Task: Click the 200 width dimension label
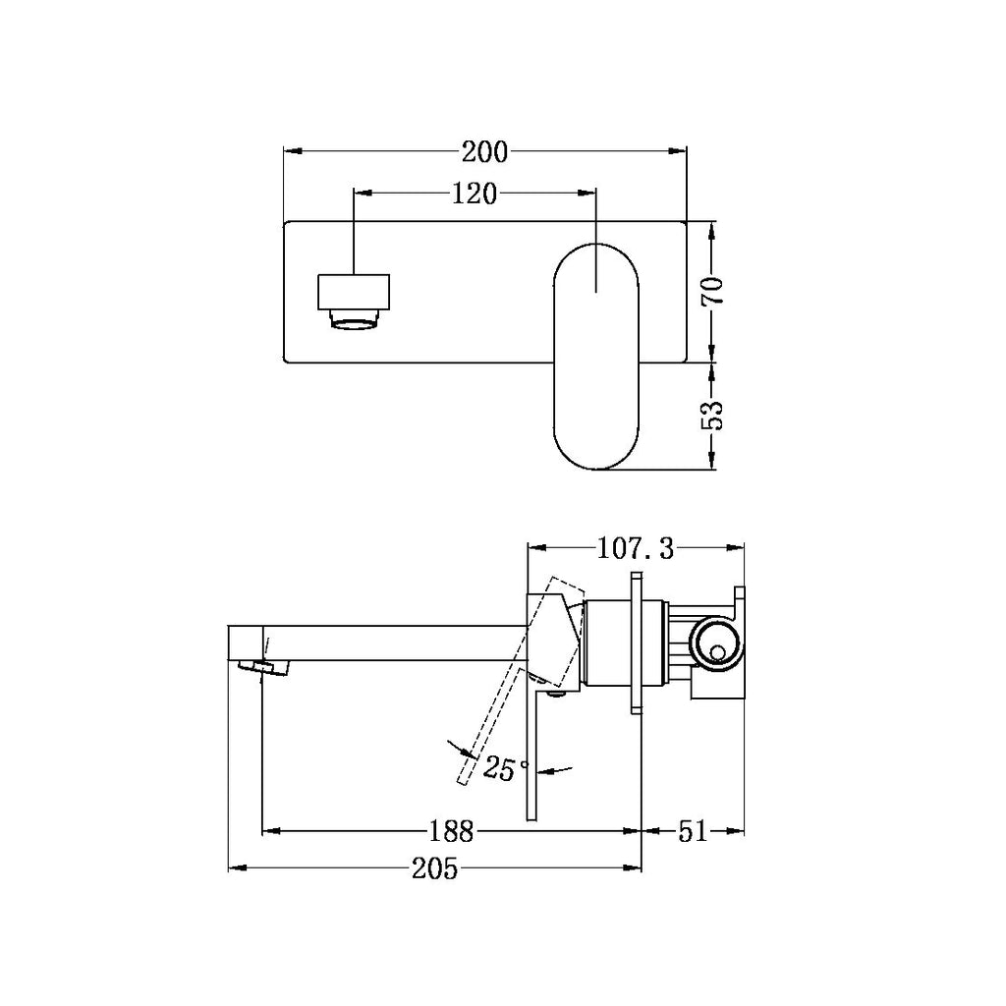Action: [x=484, y=152]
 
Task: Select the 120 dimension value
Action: [x=475, y=194]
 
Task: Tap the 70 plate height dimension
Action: [x=713, y=291]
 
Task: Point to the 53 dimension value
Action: [x=713, y=415]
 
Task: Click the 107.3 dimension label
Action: [x=636, y=548]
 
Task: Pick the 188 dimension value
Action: [x=452, y=832]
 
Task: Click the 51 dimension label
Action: [x=693, y=832]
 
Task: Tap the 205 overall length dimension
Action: [x=435, y=868]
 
